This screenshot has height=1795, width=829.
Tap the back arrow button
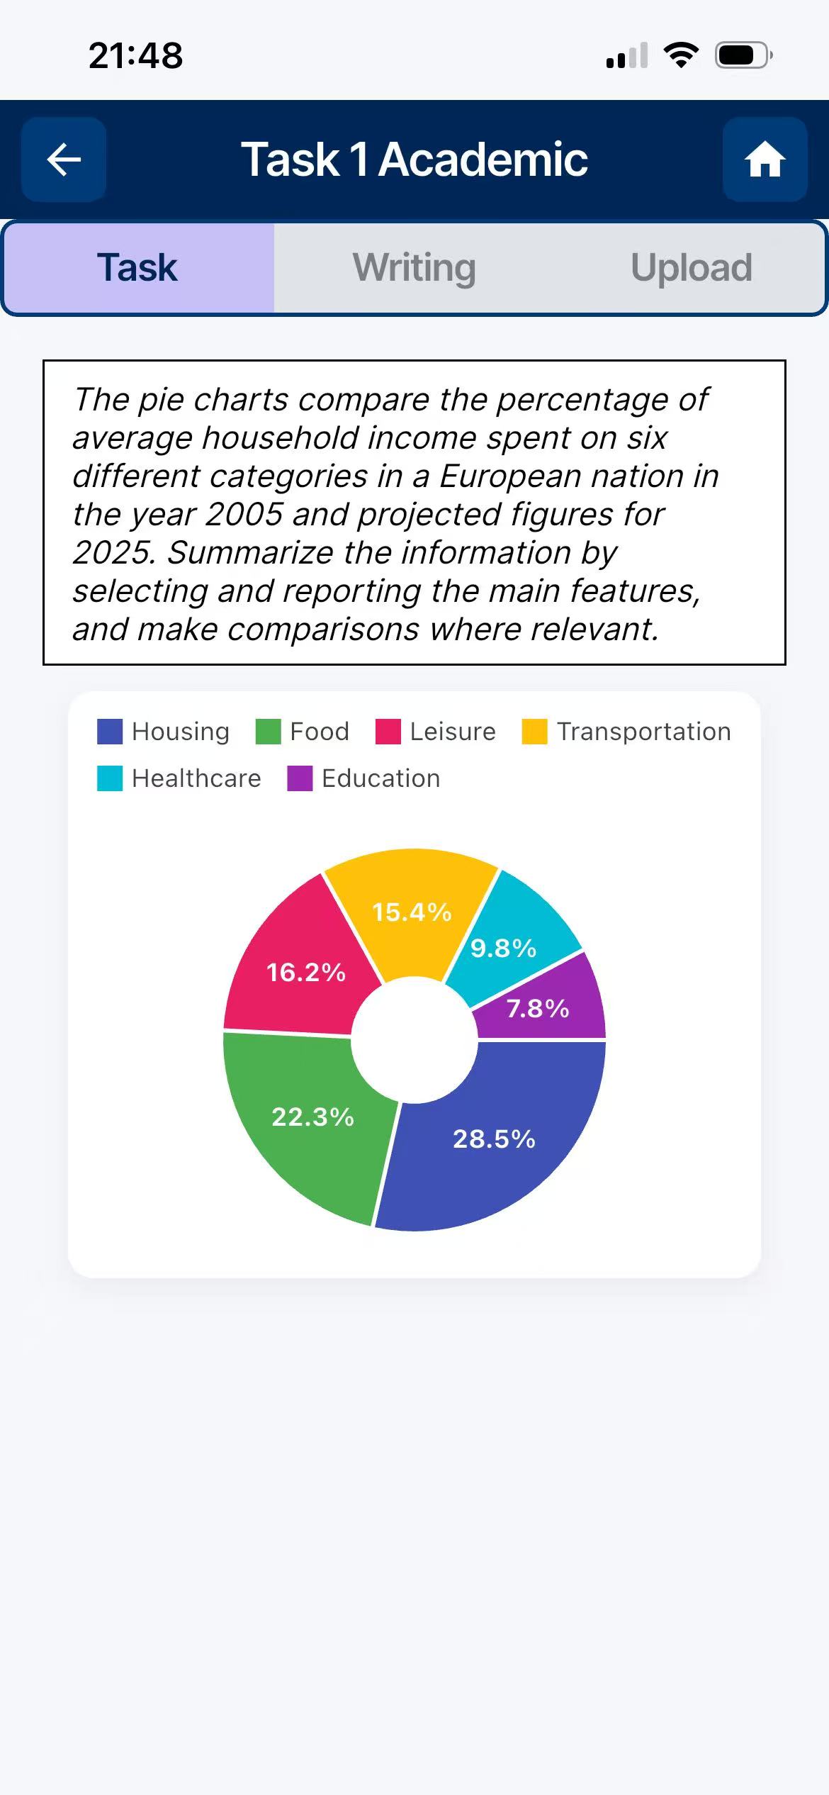64,160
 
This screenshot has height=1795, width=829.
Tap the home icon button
765,160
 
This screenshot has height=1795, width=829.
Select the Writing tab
414,268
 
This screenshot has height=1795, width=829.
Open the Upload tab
691,268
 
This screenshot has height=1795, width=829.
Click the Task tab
137,268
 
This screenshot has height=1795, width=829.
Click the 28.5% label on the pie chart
494,1139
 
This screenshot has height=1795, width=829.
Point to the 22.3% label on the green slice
312,1117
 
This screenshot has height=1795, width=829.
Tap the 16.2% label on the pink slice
305,972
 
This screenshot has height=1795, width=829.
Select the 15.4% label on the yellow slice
412,912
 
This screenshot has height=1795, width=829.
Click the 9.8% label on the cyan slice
503,948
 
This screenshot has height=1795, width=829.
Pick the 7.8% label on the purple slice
538,1008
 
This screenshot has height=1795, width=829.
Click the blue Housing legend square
110,732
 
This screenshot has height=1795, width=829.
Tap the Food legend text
320,732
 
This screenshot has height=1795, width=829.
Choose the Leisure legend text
453,732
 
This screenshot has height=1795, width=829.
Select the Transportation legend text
643,732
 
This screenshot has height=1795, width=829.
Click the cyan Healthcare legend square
110,778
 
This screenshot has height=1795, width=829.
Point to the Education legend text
380,778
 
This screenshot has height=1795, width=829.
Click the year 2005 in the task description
244,515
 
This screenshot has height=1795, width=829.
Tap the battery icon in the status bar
742,55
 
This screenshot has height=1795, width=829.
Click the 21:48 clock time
135,55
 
